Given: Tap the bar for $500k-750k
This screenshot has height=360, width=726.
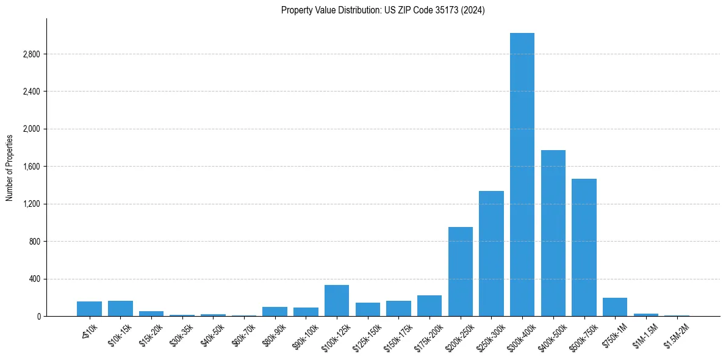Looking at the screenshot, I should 584,247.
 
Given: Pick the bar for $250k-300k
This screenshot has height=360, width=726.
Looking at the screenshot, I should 491,253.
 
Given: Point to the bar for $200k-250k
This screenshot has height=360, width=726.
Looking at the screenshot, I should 460,272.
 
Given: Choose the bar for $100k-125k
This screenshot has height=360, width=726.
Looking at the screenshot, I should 337,301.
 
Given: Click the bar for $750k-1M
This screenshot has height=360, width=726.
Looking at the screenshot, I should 615,307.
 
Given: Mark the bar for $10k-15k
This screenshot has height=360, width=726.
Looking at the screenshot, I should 120,308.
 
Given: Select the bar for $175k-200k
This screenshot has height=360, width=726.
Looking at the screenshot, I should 429,306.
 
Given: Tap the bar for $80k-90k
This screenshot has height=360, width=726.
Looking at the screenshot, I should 275,311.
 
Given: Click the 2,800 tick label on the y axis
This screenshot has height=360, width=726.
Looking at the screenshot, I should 31,54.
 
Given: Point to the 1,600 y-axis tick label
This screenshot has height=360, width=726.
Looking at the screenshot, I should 31,167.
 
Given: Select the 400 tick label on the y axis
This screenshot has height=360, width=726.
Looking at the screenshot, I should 34,279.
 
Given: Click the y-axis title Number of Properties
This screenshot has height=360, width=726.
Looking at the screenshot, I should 10,167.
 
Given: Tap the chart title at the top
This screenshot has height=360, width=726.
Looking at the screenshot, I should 383,10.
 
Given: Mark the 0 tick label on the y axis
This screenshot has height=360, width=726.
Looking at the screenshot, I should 38,316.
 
